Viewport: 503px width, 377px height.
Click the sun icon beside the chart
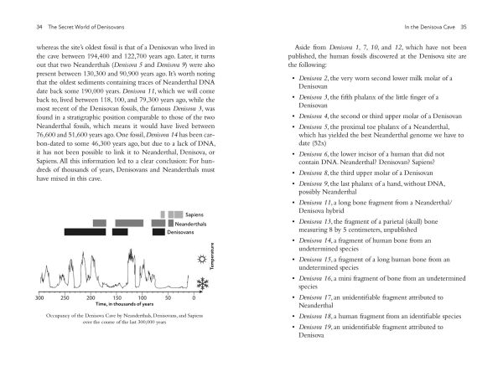(x=203, y=260)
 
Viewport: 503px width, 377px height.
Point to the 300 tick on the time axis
(x=39, y=298)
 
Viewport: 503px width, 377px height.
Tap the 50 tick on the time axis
(x=169, y=298)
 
